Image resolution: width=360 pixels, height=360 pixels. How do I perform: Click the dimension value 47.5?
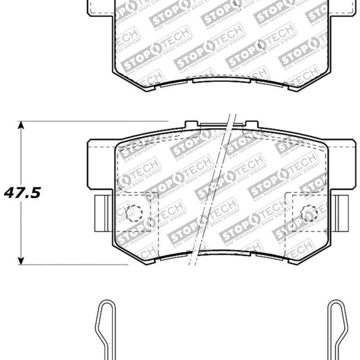pos(22,193)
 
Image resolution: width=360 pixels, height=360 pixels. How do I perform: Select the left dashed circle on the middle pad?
pos(134,213)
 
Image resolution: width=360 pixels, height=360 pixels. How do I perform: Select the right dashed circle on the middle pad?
pos(309,213)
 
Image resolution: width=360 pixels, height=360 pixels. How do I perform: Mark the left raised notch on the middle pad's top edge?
pos(192,124)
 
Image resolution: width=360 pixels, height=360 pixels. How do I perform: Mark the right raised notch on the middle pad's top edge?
pos(251,124)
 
